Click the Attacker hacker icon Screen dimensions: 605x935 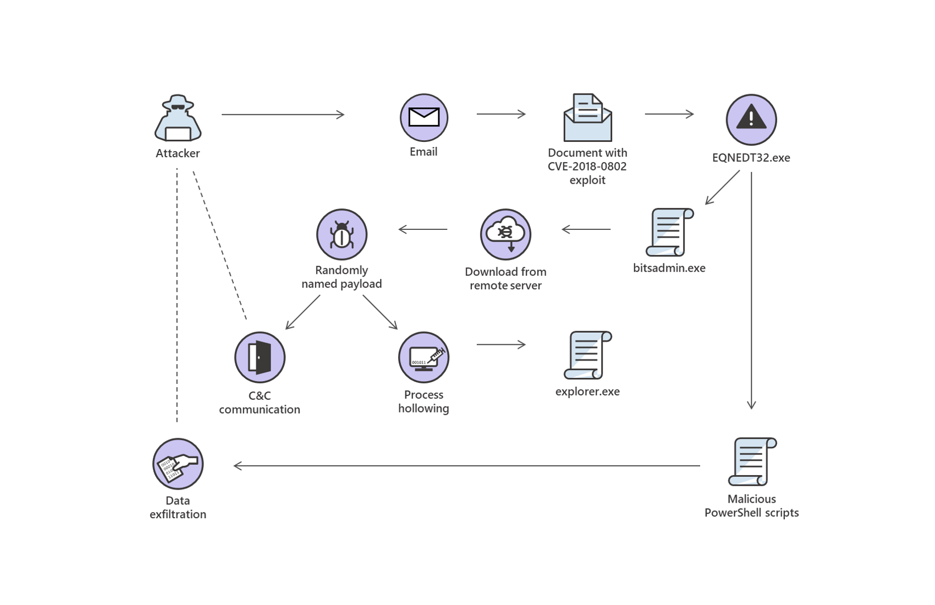(178, 118)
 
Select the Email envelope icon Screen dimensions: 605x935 (424, 118)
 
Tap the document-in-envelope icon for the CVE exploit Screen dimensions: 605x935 (587, 118)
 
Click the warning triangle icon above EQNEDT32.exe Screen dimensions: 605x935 (751, 119)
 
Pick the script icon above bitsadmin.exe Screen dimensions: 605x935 (669, 232)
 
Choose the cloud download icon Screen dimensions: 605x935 (505, 234)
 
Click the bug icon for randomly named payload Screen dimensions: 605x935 (342, 234)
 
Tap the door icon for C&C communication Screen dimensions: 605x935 (260, 357)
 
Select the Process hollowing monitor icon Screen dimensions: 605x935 (424, 357)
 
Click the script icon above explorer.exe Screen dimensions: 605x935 (587, 355)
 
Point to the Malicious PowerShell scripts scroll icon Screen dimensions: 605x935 (752, 461)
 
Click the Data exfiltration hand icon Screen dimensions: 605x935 (178, 464)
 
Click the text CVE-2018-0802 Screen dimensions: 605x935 (587, 166)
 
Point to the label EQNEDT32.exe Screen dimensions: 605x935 (751, 158)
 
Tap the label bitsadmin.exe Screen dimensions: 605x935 (669, 268)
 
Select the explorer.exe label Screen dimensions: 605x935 (587, 392)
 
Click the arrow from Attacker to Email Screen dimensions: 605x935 (283, 114)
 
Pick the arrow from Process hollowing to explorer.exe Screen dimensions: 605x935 (501, 345)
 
